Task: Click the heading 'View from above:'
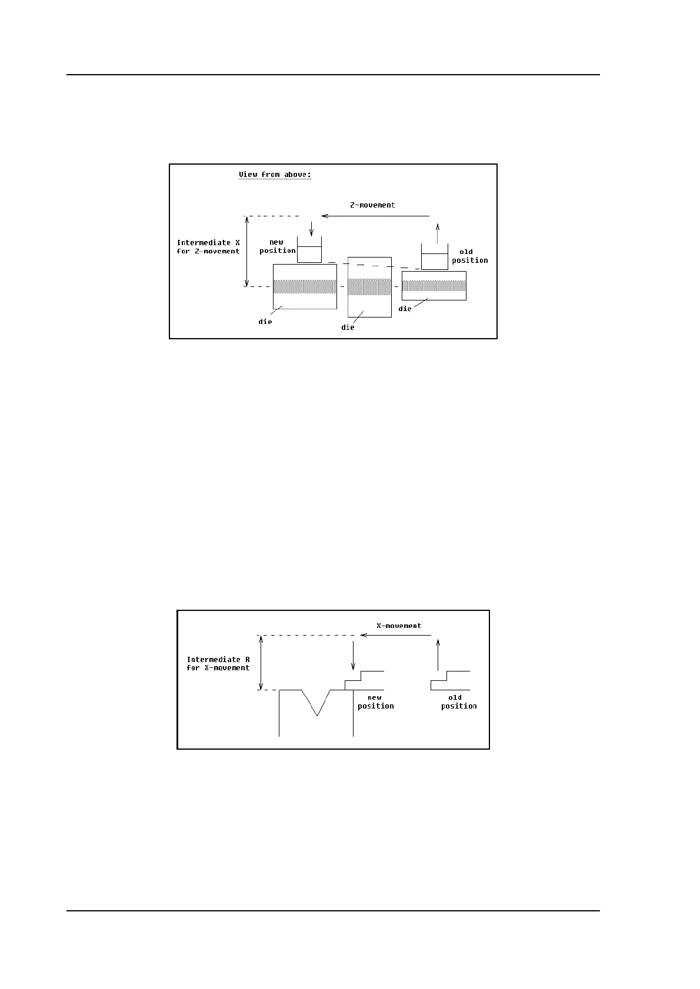tap(275, 175)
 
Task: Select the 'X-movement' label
tap(399, 626)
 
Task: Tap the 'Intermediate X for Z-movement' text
tap(208, 247)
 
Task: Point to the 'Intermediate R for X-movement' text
tap(218, 664)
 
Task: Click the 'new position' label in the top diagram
tap(277, 246)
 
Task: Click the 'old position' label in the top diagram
tap(469, 256)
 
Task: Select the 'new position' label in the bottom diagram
tap(375, 702)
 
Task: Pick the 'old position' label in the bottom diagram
tap(458, 702)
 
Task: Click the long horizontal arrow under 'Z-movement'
tap(376, 216)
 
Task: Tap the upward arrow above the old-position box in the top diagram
tap(436, 233)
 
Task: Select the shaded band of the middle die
tap(369, 286)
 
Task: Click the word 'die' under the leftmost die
tap(265, 322)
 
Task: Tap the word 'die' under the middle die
tap(348, 327)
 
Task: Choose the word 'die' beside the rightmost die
tap(405, 309)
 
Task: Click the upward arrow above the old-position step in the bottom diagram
tap(438, 655)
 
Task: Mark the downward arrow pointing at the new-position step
tap(353, 656)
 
